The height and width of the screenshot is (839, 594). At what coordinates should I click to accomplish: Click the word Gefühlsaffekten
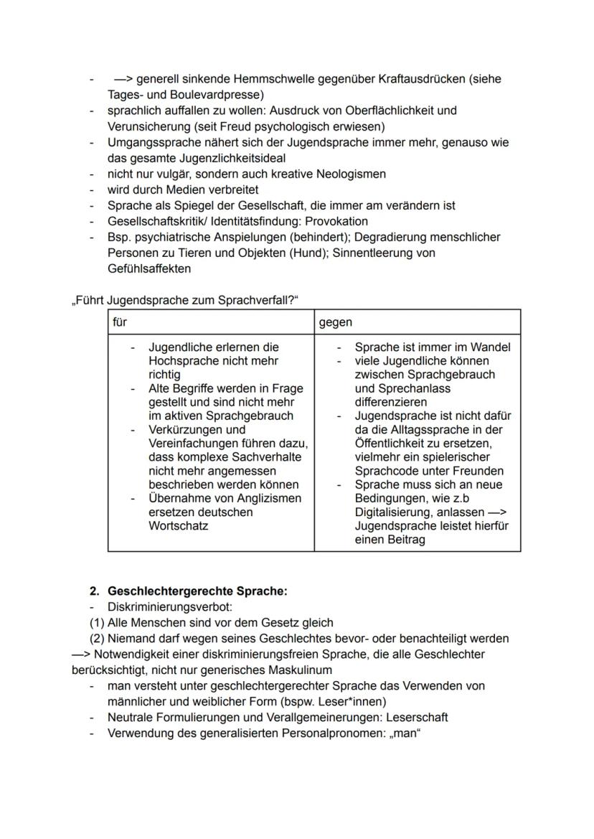[x=148, y=268]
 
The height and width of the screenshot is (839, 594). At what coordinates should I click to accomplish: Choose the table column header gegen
[x=336, y=323]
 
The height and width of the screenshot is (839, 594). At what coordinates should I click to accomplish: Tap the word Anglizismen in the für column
[x=262, y=498]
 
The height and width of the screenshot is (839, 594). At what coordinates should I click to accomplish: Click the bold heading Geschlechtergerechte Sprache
[x=197, y=591]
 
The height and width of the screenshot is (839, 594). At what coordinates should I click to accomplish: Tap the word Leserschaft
[x=416, y=717]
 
